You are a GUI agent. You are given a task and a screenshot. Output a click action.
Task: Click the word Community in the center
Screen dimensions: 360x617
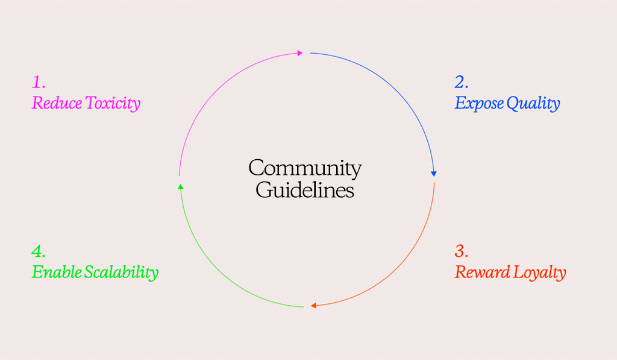(x=305, y=168)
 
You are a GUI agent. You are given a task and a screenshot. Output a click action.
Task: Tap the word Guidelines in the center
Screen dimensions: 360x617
(x=305, y=190)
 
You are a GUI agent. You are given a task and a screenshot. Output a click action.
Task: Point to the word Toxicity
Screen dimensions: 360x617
(x=113, y=104)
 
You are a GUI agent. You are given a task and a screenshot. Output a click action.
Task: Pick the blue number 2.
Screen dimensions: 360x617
(x=462, y=82)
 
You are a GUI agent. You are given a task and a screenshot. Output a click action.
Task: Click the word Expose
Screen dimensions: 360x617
(x=479, y=104)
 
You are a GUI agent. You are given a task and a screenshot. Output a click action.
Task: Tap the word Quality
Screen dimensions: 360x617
(x=533, y=104)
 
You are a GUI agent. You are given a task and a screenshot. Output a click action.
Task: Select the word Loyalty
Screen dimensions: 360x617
(x=539, y=273)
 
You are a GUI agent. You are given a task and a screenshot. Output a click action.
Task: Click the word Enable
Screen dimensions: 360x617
(x=56, y=272)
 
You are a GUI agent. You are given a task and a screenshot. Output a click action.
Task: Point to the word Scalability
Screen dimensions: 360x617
(x=121, y=273)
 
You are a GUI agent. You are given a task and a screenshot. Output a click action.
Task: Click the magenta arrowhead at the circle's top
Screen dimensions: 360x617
(x=300, y=53)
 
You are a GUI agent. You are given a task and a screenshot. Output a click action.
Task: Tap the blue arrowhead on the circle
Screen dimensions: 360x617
(x=433, y=174)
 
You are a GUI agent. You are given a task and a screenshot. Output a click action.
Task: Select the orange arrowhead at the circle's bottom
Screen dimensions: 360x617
(x=313, y=306)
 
